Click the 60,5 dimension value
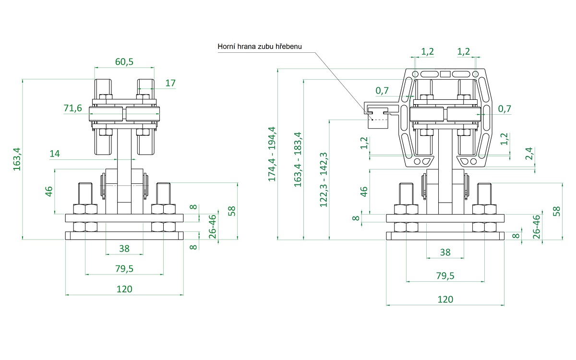(124, 61)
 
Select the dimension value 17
(170, 83)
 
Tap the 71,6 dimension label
(73, 108)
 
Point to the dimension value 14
(55, 154)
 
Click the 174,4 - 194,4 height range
(272, 154)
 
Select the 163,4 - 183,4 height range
(298, 159)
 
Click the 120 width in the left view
(124, 289)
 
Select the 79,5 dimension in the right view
(445, 276)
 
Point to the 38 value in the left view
(124, 249)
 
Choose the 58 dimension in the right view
(556, 211)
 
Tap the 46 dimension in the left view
(48, 192)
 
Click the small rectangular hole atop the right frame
(445, 74)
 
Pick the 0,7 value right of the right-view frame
(504, 109)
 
